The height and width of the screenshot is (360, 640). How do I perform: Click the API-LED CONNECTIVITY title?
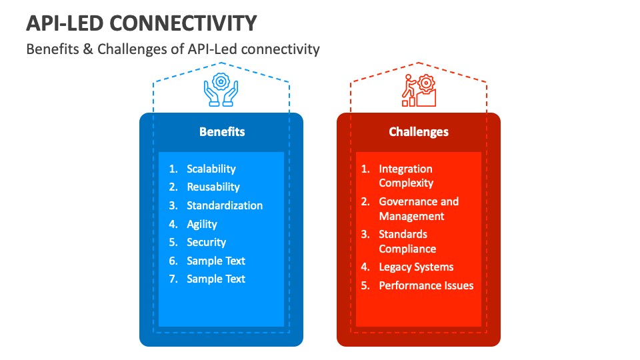pos(141,23)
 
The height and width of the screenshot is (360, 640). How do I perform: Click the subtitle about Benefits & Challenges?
pos(173,49)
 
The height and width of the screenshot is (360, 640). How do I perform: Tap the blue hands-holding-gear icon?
pos(221,90)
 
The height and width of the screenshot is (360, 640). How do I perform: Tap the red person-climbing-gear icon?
pos(418,90)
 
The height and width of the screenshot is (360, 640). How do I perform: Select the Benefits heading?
pos(222,132)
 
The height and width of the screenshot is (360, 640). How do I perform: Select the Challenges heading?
pos(419,132)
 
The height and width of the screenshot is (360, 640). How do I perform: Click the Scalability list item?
pos(211,169)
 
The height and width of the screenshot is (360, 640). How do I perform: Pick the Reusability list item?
pos(213,187)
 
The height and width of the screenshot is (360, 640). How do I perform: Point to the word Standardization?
pos(225,206)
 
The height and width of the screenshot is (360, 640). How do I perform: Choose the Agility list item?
pos(201,225)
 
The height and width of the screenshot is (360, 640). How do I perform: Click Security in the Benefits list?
pos(206,243)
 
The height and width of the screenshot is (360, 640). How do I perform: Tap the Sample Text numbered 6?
pos(215,261)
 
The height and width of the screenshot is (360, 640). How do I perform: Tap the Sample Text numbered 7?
pos(215,279)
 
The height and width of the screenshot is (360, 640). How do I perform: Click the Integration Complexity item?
pos(406,176)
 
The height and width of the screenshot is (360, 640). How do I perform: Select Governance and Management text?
pos(418,209)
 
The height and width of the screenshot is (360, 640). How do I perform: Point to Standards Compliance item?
pos(407,241)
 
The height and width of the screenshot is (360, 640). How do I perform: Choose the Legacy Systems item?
pos(416,267)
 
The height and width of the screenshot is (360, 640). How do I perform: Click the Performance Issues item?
pos(426,286)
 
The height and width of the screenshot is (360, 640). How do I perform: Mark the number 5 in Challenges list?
pos(365,286)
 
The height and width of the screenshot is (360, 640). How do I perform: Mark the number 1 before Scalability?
pos(172,169)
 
